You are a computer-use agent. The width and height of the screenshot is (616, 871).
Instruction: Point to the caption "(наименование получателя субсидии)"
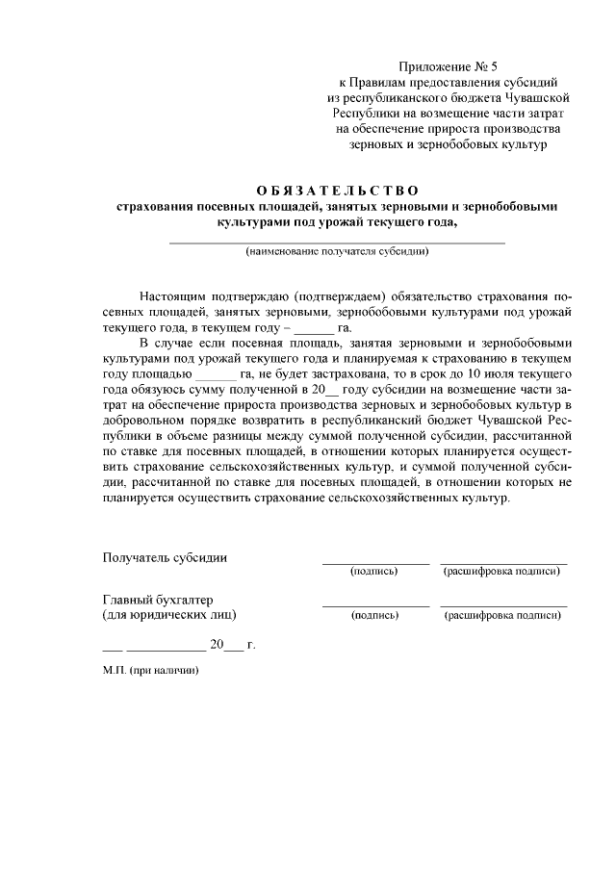(337, 252)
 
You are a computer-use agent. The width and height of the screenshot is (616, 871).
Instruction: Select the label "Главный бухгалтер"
(158, 599)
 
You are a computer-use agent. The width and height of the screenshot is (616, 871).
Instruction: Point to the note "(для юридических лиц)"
(168, 614)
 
